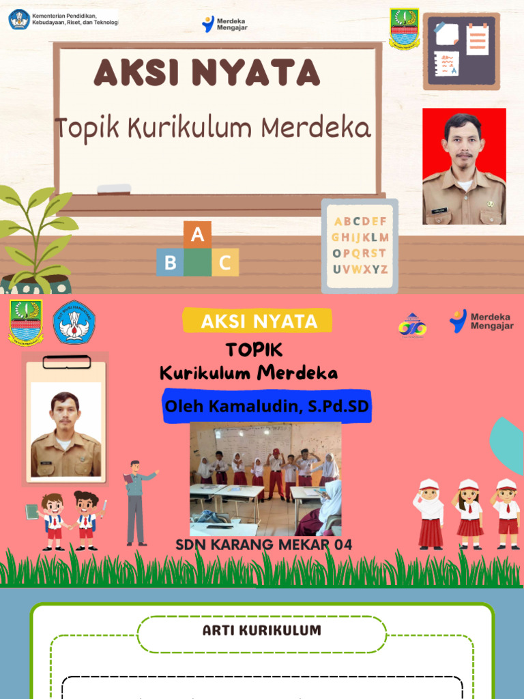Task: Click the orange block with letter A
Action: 197,236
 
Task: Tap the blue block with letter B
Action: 170,262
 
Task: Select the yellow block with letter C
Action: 225,262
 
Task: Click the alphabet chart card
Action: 360,246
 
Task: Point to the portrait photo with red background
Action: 464,166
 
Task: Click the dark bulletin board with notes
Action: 461,51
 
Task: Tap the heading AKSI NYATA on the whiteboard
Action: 207,73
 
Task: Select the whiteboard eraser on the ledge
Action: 114,188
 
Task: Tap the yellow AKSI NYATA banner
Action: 257,321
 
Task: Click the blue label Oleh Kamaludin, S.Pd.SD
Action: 267,407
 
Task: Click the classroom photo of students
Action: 265,479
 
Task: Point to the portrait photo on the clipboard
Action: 65,432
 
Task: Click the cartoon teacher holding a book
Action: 136,501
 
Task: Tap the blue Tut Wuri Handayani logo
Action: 74,322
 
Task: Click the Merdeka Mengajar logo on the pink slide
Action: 482,321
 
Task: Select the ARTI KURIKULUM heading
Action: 262,631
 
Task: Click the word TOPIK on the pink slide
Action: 254,350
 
